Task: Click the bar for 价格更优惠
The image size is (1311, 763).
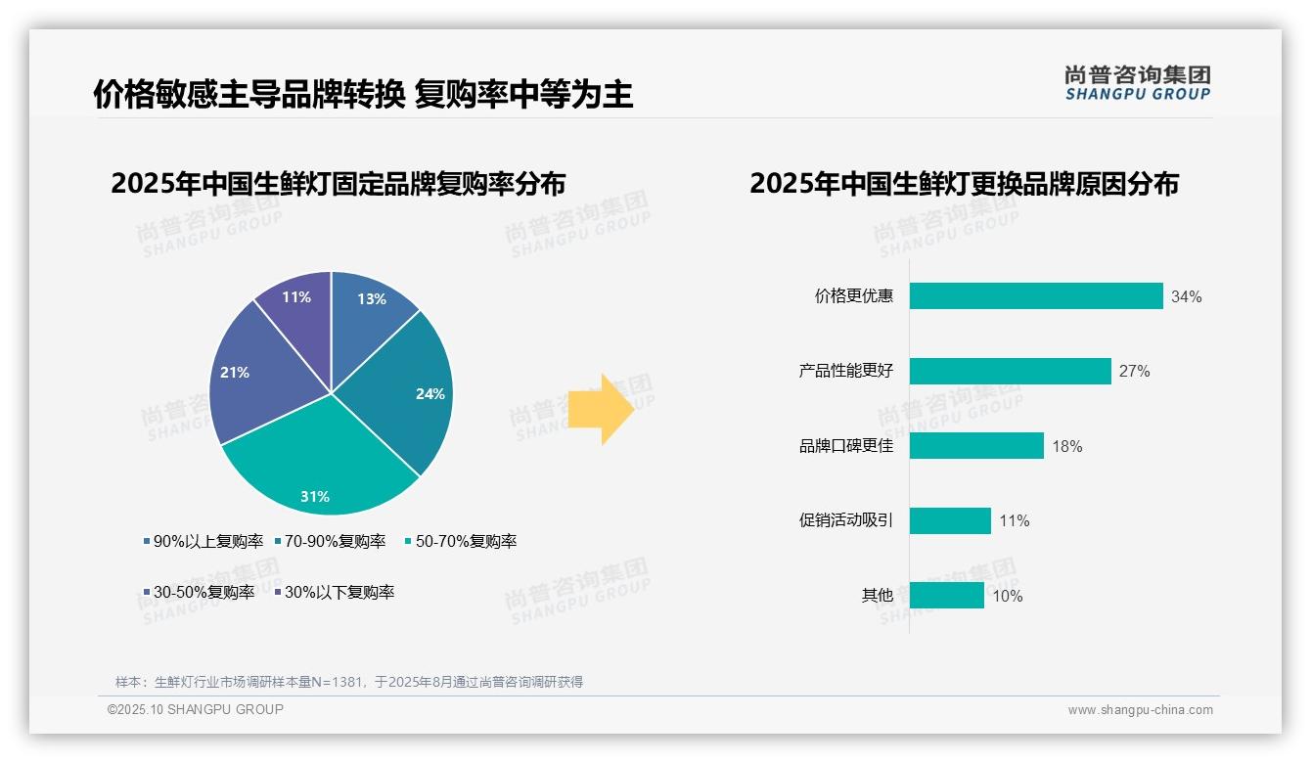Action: tap(1036, 296)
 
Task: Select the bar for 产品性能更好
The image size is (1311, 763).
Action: tap(1010, 372)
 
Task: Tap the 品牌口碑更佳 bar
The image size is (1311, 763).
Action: tap(976, 446)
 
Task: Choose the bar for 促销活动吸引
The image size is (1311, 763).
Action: tap(950, 520)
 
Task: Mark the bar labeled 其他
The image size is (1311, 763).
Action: tap(946, 596)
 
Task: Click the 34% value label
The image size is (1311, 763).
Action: tap(1186, 297)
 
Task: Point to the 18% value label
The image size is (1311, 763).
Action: tap(1066, 447)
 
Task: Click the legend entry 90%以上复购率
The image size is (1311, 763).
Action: tap(203, 542)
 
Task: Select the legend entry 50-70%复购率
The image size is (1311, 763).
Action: tap(461, 542)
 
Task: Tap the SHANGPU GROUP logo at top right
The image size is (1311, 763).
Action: tap(1137, 82)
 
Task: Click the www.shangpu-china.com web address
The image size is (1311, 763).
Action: tap(1140, 710)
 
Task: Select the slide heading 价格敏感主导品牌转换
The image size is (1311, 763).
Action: tap(249, 95)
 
